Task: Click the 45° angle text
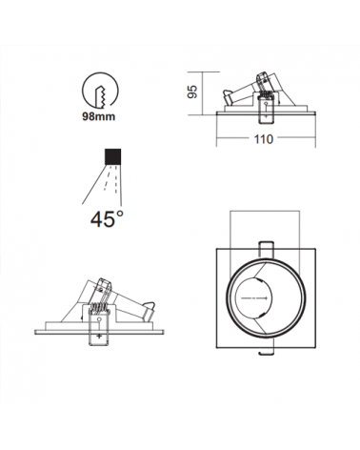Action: click(107, 219)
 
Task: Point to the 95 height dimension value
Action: click(192, 92)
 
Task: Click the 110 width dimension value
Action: click(264, 139)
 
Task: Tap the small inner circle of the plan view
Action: click(266, 302)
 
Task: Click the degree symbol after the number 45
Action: click(120, 213)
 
